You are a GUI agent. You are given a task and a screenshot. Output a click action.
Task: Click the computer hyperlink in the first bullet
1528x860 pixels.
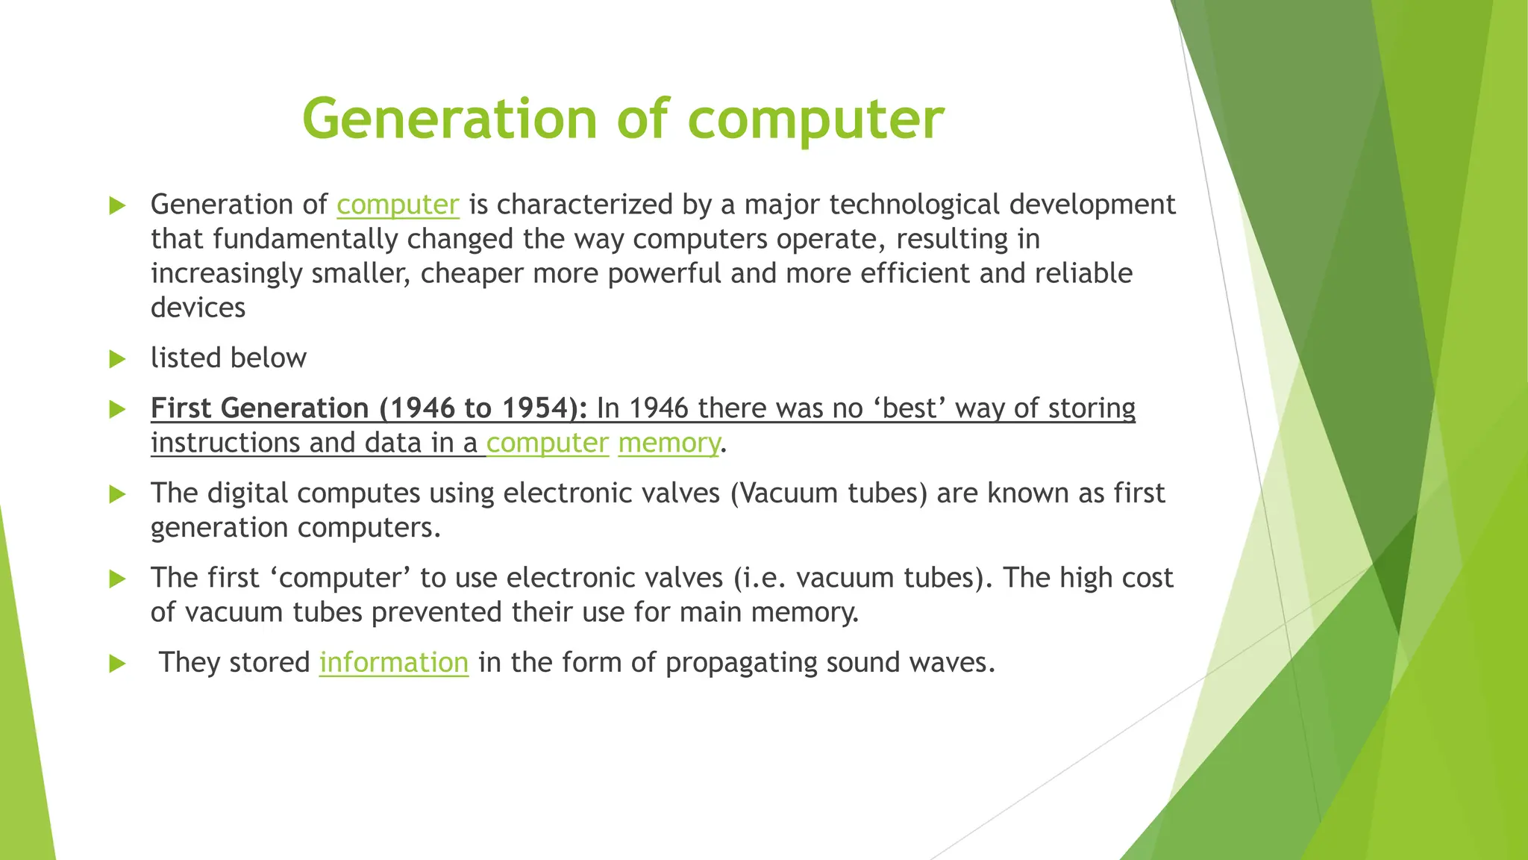[x=398, y=205]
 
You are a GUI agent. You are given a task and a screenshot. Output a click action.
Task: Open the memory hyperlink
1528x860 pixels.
[x=668, y=443]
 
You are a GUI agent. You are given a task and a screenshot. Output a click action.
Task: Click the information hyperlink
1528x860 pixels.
[x=393, y=662]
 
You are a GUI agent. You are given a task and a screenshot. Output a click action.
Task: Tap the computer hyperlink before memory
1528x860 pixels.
[x=547, y=443]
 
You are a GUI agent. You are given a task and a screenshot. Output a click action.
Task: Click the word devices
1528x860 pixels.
[x=198, y=308]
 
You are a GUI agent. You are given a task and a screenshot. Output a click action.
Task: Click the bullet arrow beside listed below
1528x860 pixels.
[x=117, y=359]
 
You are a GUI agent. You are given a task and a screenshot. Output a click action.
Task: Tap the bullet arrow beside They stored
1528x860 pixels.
[x=117, y=663]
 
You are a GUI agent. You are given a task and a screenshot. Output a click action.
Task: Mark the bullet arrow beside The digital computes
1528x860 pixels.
[x=117, y=494]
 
